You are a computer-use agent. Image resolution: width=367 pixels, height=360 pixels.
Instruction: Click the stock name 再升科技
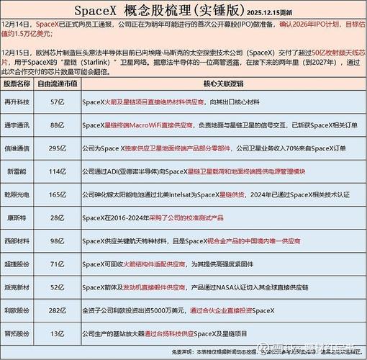pos(20,104)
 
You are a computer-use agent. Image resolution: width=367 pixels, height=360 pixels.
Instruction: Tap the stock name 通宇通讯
pos(20,126)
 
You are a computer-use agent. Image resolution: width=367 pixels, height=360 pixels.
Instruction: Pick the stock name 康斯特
pos(20,217)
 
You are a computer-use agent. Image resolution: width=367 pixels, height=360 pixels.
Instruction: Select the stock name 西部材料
pos(20,240)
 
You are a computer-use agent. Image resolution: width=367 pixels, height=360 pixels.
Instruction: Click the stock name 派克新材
pos(20,287)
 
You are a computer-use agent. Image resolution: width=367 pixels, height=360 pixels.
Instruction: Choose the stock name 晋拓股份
pos(20,333)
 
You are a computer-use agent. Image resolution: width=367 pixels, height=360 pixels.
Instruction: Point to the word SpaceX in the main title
pos(104,10)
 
